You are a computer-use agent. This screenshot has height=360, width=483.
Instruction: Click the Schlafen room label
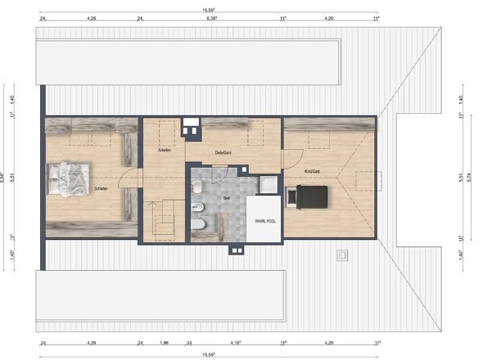point(102,188)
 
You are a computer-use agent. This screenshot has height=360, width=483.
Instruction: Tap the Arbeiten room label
point(164,151)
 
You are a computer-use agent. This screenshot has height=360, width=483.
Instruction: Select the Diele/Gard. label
point(225,153)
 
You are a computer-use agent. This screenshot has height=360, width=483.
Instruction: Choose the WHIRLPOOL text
point(264,221)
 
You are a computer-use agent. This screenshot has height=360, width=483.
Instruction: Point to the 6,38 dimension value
point(211,16)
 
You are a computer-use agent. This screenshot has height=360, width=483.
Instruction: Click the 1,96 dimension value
point(164,343)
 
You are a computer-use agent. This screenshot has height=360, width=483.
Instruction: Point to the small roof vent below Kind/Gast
point(341,254)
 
